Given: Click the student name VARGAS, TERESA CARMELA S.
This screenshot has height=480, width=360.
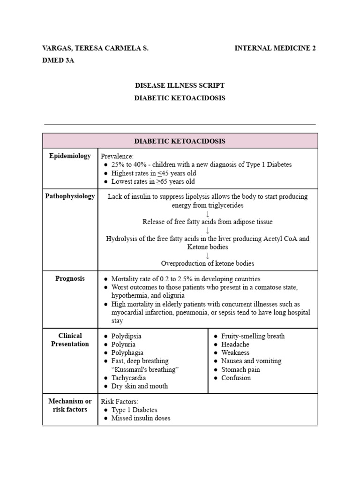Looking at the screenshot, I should pyautogui.click(x=96, y=49).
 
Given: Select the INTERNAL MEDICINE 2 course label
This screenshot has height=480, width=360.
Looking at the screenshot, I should pyautogui.click(x=275, y=49).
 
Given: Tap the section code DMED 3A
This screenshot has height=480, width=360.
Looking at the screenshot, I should pyautogui.click(x=59, y=60).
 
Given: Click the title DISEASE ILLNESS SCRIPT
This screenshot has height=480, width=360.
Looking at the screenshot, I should pyautogui.click(x=180, y=85).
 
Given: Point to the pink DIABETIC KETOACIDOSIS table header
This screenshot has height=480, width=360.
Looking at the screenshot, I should pyautogui.click(x=180, y=141).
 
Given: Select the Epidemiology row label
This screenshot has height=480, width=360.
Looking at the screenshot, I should pyautogui.click(x=70, y=156).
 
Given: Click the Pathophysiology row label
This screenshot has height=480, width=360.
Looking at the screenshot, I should pyautogui.click(x=70, y=196).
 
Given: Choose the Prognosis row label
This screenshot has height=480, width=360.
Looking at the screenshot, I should pyautogui.click(x=70, y=278).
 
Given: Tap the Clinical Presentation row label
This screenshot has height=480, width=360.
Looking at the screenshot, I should pyautogui.click(x=70, y=340).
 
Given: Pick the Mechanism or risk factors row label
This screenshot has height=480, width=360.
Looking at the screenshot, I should pyautogui.click(x=70, y=405).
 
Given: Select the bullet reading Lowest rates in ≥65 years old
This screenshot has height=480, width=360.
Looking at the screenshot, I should pyautogui.click(x=153, y=181).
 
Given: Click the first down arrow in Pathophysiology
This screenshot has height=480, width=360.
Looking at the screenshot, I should pyautogui.click(x=208, y=214).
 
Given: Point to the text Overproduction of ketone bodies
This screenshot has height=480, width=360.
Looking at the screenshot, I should pyautogui.click(x=208, y=263).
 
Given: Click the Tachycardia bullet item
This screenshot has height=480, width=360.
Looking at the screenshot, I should pyautogui.click(x=128, y=378).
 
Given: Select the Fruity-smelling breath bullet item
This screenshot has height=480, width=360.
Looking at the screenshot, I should pyautogui.click(x=253, y=336).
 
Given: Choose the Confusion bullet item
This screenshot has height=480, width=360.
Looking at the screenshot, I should pyautogui.click(x=236, y=378).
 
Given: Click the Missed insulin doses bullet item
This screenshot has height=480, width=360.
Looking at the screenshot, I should pyautogui.click(x=141, y=418).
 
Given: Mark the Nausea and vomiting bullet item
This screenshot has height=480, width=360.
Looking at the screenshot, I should pyautogui.click(x=251, y=361).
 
